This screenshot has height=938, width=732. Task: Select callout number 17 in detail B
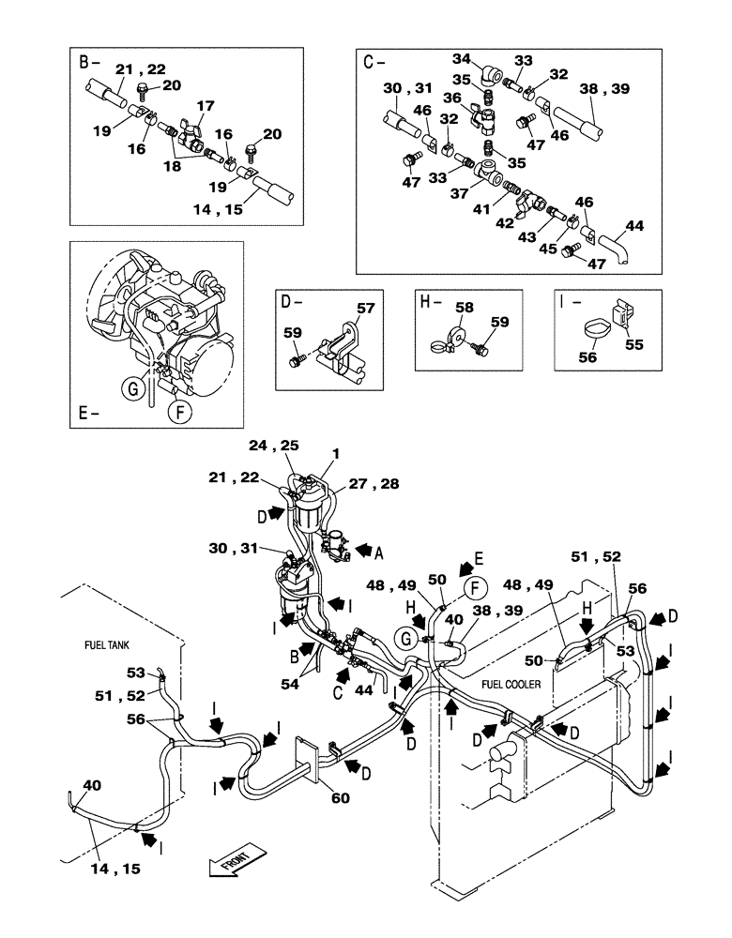pyautogui.click(x=206, y=106)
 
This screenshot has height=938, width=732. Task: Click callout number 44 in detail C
pyautogui.click(x=635, y=225)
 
